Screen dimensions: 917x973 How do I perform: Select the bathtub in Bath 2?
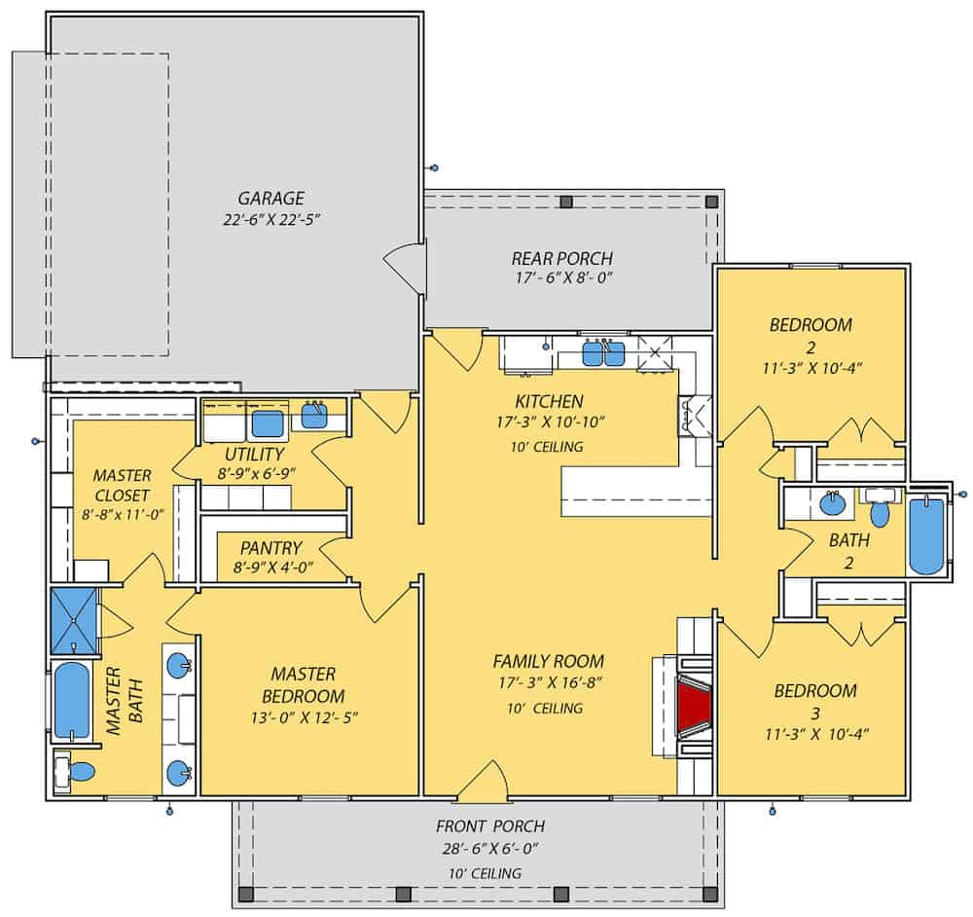(925, 537)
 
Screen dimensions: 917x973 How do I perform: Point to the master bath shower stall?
(74, 620)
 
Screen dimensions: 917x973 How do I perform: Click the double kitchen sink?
(603, 354)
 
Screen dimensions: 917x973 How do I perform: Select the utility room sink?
(314, 417)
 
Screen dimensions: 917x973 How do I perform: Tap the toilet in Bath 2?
(880, 512)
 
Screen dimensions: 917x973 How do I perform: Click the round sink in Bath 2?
(832, 504)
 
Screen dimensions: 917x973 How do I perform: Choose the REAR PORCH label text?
(562, 259)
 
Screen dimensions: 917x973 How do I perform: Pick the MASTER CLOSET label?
(122, 485)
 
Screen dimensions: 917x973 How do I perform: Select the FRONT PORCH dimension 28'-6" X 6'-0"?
(491, 848)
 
